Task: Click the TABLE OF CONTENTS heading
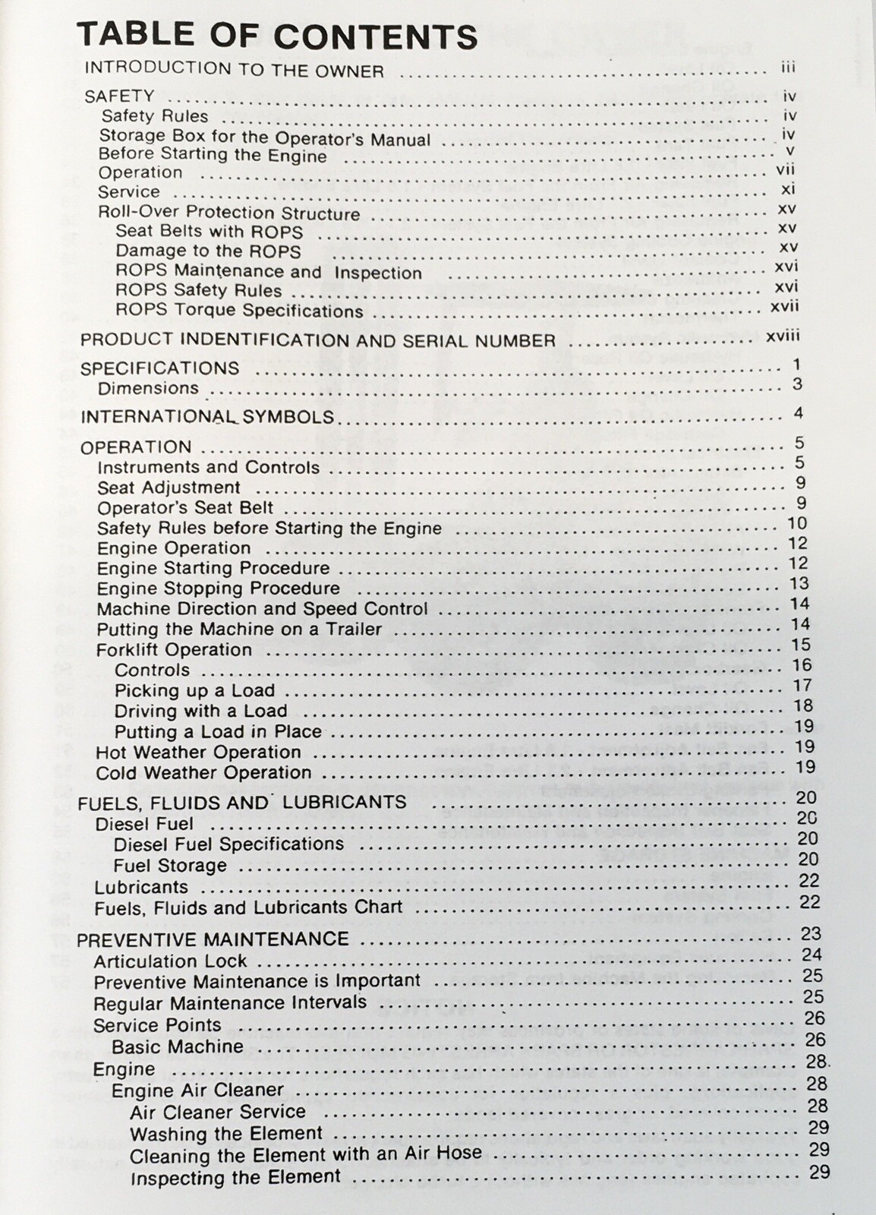coord(277,36)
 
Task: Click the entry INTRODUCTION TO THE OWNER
coord(234,70)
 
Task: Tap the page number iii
coord(787,68)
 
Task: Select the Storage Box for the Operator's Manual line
coord(265,138)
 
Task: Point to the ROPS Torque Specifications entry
coord(239,311)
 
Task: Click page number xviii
coord(783,336)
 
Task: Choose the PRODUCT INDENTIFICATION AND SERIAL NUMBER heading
coord(318,340)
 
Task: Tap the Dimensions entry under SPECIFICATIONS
coord(148,388)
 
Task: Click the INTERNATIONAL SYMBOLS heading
coord(207,417)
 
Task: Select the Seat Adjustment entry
coord(169,488)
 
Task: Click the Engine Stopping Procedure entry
coord(218,589)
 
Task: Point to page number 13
coord(799,584)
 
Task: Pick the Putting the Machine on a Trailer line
coord(239,630)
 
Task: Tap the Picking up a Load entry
coord(194,690)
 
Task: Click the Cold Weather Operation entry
coord(203,773)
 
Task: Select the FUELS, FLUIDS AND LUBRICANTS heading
coord(242,803)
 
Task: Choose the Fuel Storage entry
coord(170,866)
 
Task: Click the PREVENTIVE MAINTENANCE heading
coord(213,939)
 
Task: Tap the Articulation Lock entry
coord(170,961)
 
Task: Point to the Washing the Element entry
coord(226,1134)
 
